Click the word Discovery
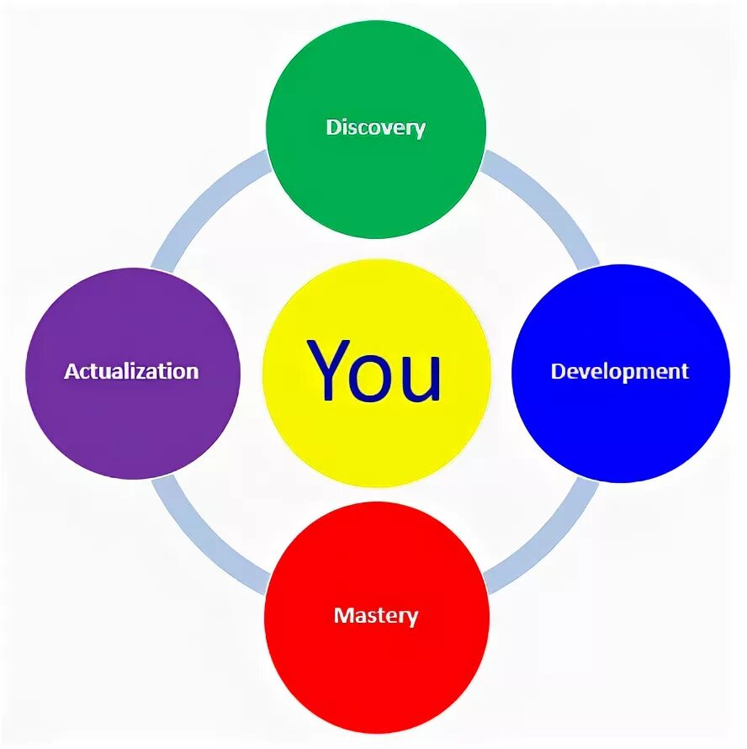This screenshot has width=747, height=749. tap(376, 128)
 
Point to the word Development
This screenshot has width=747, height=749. tap(620, 371)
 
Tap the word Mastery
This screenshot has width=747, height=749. tap(376, 615)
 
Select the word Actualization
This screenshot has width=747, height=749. tap(132, 371)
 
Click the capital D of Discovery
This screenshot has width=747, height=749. tap(333, 128)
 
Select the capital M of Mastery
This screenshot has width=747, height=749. tap(342, 615)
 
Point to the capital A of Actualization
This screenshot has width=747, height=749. tap(72, 371)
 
